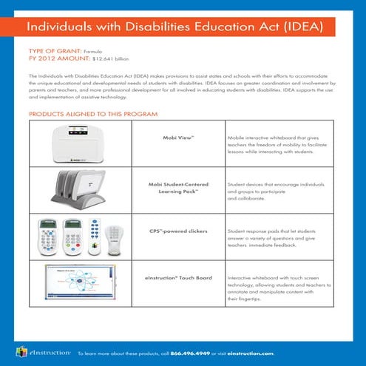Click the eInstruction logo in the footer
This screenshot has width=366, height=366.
click(43, 352)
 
